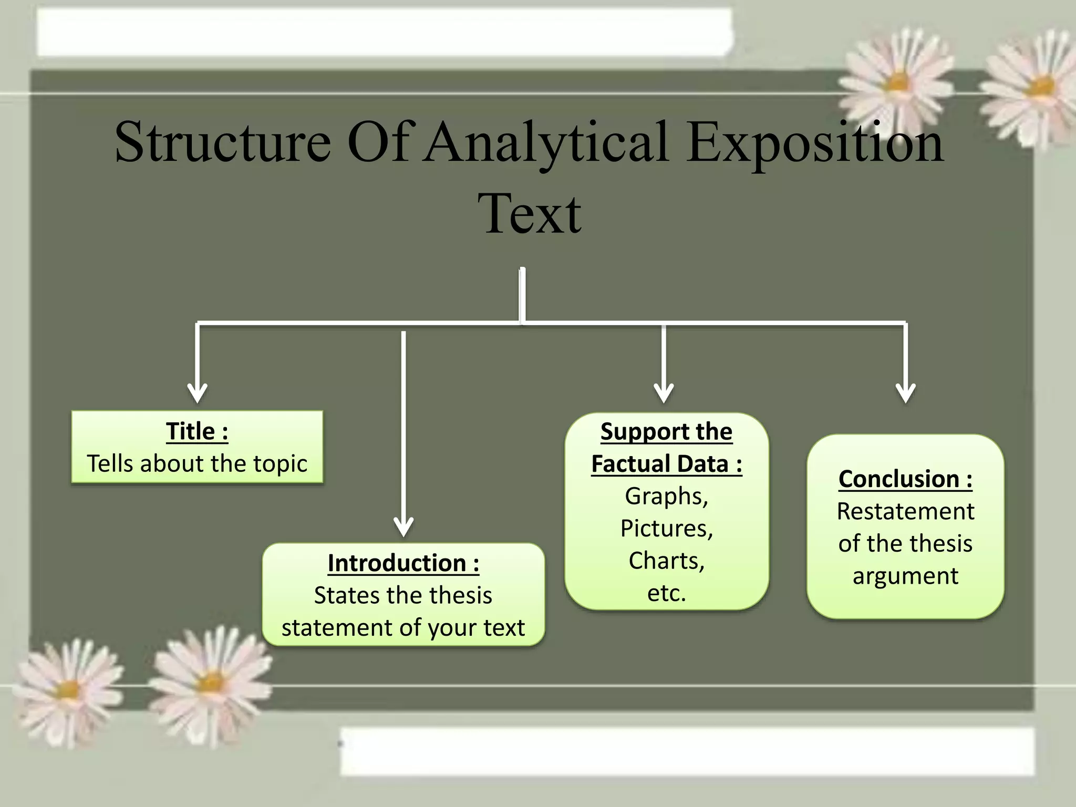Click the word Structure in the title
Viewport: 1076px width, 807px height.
point(223,142)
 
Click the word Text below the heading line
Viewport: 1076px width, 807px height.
point(530,214)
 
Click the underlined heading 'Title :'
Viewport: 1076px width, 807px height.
point(197,431)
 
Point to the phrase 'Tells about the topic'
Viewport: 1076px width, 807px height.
point(197,464)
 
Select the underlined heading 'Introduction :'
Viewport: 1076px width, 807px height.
point(403,563)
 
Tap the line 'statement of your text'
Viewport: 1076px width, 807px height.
point(403,628)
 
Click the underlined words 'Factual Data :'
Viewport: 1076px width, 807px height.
point(666,464)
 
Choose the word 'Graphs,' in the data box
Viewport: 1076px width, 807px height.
point(666,496)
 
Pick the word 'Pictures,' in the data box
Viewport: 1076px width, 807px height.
point(666,529)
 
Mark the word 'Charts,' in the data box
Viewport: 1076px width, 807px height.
point(666,561)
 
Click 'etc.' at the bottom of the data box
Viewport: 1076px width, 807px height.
point(666,593)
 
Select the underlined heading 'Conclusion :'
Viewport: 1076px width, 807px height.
point(905,479)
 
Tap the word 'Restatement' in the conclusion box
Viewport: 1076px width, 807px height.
point(905,511)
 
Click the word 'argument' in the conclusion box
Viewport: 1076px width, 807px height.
point(905,576)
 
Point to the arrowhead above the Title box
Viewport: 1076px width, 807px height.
point(198,394)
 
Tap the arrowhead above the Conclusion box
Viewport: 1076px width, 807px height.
point(906,394)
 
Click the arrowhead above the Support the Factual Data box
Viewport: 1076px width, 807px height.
point(664,394)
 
